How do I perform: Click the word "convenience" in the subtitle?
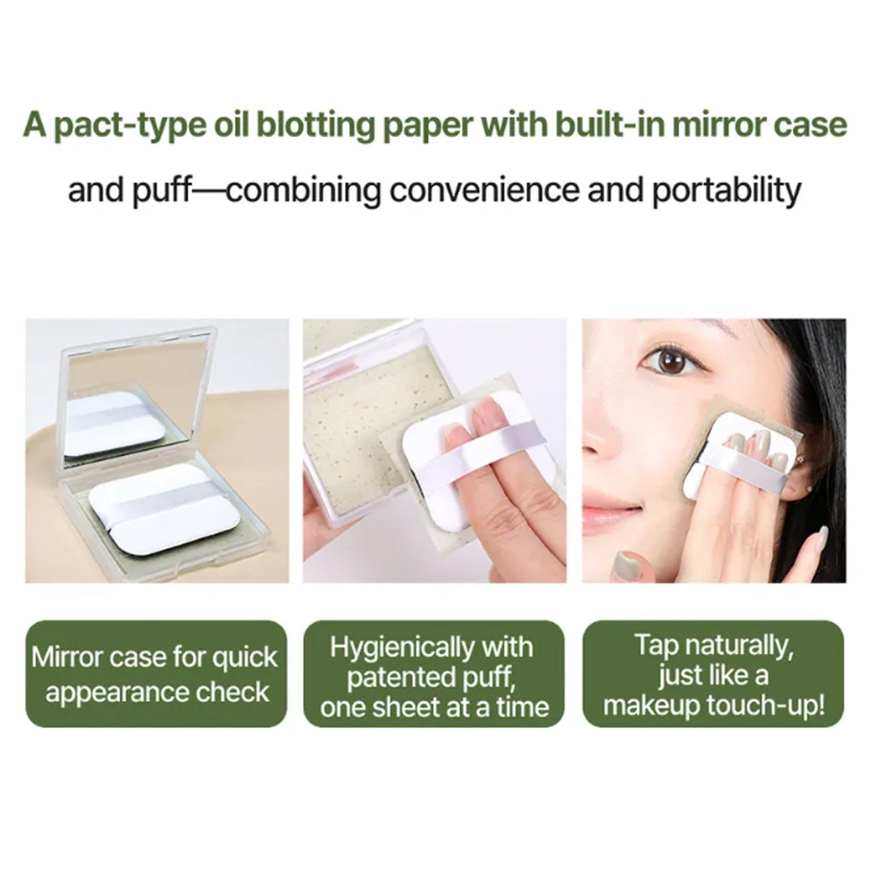coord(484,189)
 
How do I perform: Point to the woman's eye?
coord(671,362)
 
